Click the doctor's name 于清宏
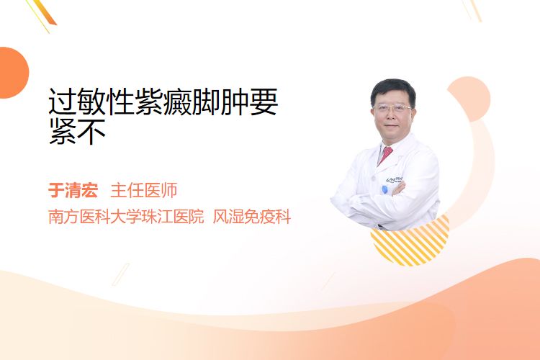[x=73, y=191]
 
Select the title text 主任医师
[x=144, y=191]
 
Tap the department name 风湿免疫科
[x=252, y=217]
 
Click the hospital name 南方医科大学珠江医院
[x=126, y=217]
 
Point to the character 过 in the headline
[x=63, y=102]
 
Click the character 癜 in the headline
[x=177, y=102]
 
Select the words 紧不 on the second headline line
[x=77, y=131]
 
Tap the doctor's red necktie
[x=385, y=155]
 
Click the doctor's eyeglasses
[x=392, y=108]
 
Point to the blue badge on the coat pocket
[x=384, y=189]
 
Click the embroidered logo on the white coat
[x=395, y=180]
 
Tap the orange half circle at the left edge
[x=13, y=73]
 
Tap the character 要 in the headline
[x=264, y=102]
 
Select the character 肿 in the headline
[x=235, y=102]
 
